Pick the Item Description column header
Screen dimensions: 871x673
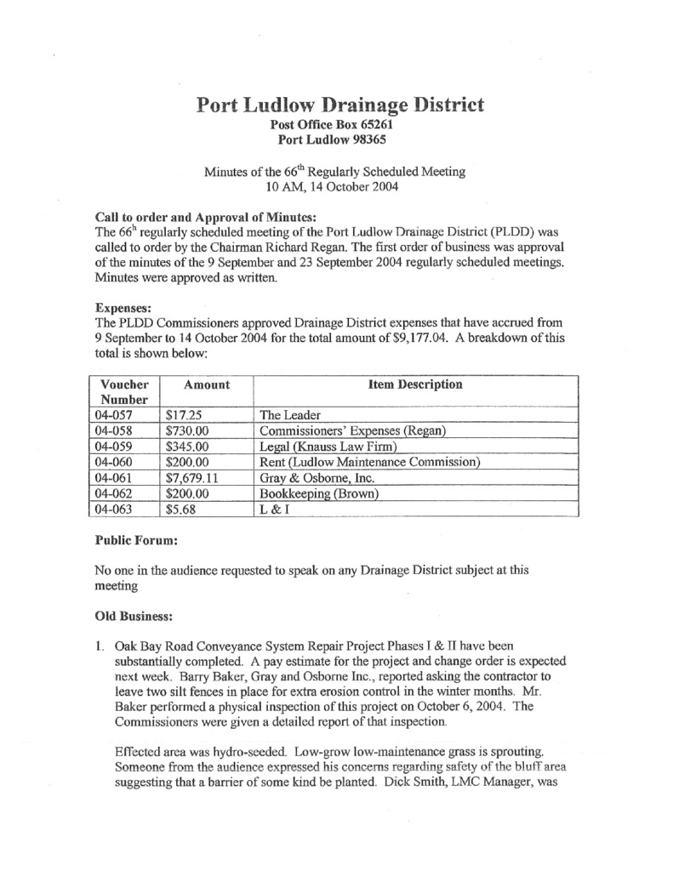point(415,384)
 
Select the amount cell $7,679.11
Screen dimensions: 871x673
point(193,479)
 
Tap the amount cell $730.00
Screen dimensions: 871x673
point(188,431)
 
